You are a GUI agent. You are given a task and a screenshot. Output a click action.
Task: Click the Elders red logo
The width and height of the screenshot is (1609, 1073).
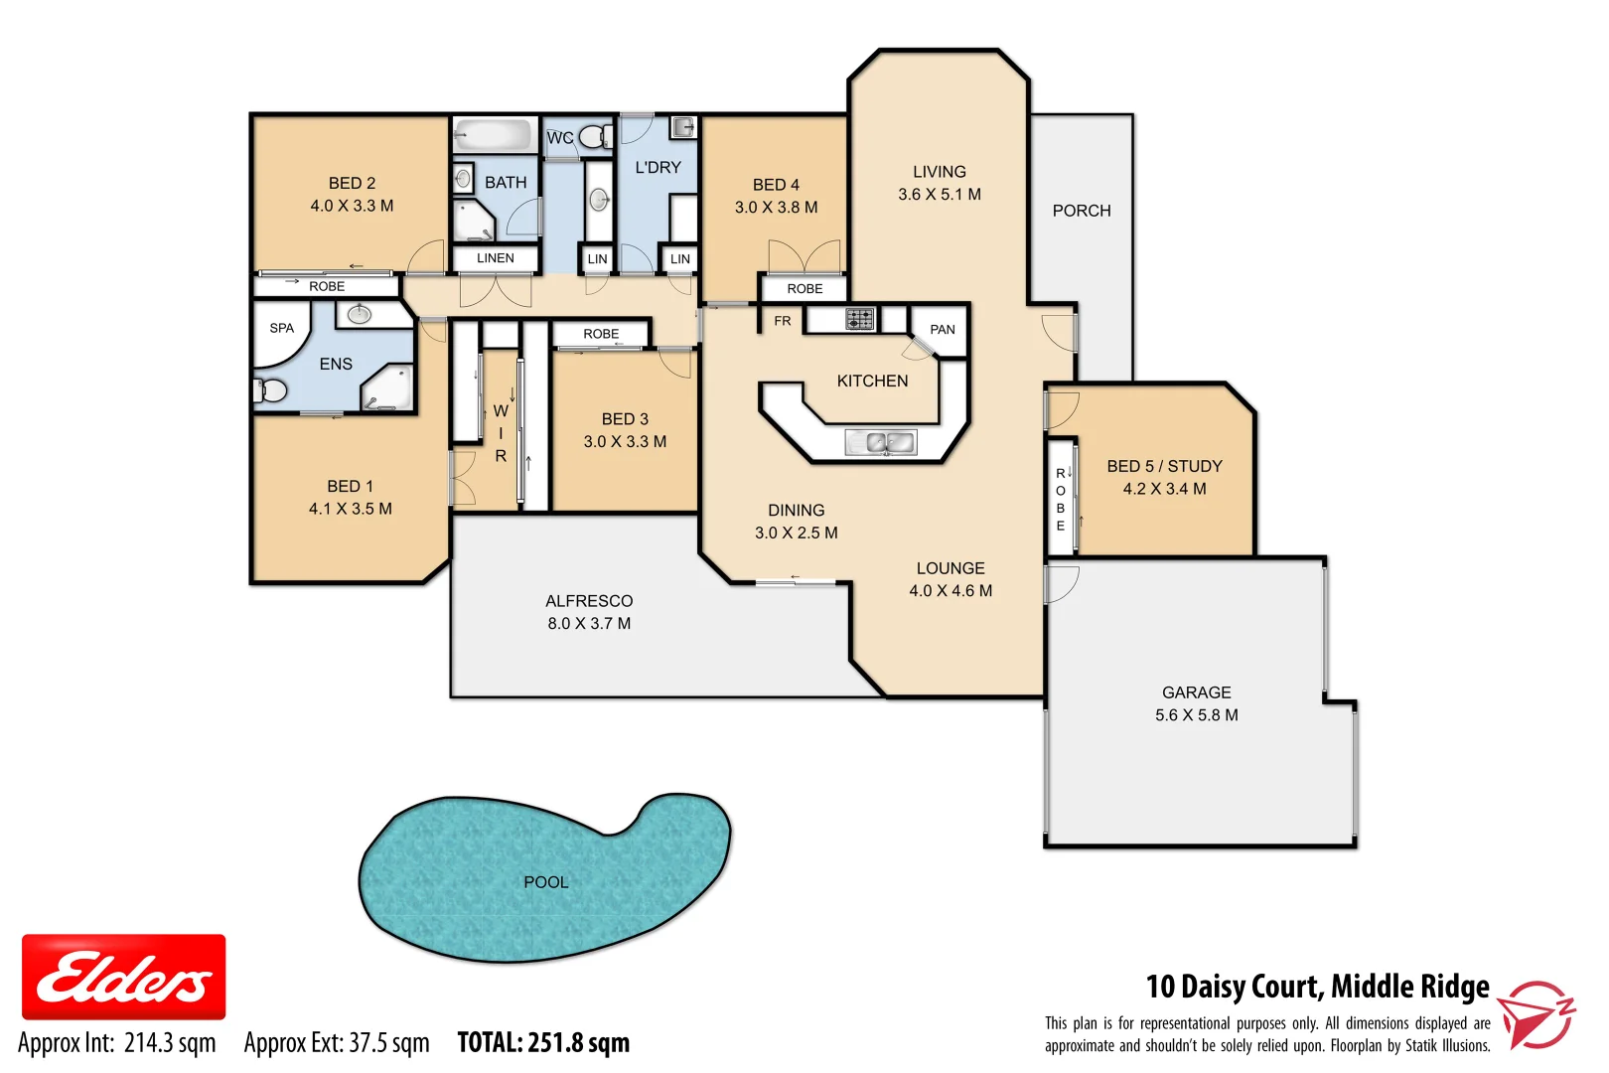(123, 977)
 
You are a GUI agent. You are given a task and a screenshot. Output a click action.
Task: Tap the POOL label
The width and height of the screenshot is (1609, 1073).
(545, 882)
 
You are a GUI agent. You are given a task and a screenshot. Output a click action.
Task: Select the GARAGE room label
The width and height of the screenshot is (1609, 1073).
(1196, 692)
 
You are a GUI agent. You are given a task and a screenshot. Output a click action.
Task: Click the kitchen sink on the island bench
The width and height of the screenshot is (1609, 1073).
(880, 442)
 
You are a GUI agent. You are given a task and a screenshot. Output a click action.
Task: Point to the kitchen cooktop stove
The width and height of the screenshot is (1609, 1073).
(859, 319)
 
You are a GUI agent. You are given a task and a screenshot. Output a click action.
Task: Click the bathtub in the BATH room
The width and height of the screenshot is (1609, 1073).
(494, 135)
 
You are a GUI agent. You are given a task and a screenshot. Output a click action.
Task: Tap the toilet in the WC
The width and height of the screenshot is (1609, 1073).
(595, 136)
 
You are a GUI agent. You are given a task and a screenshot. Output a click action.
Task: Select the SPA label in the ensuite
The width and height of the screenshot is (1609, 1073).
(281, 328)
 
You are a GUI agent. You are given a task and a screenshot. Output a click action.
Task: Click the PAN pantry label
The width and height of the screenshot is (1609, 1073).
(942, 330)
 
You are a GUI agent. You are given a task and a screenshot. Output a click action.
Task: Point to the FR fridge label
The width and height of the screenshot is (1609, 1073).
(783, 321)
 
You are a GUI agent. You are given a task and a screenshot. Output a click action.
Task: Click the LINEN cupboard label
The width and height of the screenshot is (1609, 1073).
(495, 258)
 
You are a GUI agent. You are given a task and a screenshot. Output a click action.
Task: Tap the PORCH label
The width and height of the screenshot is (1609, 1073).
(1081, 211)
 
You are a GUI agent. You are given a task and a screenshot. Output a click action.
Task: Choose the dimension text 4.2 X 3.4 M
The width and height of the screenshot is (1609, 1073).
(1164, 489)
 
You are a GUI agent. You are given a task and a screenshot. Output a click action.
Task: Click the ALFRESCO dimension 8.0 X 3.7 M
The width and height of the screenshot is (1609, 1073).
(589, 624)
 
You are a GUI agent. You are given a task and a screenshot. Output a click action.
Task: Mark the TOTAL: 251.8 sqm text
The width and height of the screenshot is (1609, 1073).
(543, 1043)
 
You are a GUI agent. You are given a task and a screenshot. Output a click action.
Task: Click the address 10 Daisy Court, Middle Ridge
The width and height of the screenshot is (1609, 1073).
(1317, 987)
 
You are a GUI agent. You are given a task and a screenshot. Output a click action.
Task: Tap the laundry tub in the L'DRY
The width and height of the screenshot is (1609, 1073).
(682, 128)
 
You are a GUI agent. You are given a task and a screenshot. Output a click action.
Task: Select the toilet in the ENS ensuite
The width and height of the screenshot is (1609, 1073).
(270, 389)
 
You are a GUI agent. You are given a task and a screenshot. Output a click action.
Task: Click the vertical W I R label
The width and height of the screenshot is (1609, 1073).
(501, 433)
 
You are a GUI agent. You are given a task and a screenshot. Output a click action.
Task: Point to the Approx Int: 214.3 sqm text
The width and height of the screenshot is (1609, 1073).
(117, 1043)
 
